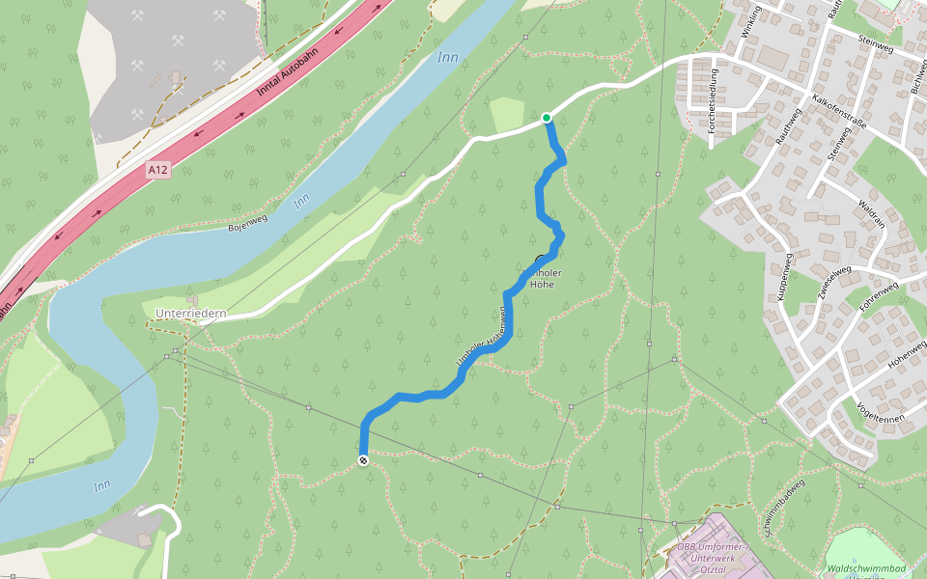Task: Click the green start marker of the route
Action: coord(547,118)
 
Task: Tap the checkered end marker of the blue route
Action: coord(363,460)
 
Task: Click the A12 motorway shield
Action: coord(158,170)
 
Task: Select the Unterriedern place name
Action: coord(190,314)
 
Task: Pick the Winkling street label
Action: coord(749,20)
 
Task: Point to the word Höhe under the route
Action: coord(542,285)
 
